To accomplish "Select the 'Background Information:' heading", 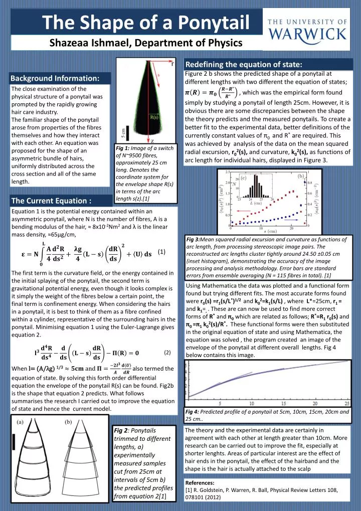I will tap(56, 78).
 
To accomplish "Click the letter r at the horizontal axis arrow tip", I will tap(173, 64).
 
